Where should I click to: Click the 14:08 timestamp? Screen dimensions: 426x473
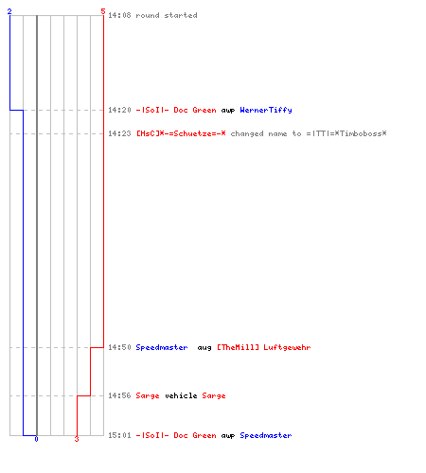119,15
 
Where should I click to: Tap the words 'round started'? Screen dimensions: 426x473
167,15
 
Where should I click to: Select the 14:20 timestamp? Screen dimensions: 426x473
119,110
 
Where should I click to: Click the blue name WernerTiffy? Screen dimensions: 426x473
266,110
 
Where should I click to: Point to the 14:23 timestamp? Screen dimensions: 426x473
119,133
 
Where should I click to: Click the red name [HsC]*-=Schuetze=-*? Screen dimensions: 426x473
181,133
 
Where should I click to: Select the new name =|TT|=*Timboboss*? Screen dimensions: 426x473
346,133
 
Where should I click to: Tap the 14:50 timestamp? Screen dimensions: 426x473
119,347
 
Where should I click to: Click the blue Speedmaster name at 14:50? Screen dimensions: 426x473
162,347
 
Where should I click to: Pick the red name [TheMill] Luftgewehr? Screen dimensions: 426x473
264,347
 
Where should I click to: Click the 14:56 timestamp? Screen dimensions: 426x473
119,395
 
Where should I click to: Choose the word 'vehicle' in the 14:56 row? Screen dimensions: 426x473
181,395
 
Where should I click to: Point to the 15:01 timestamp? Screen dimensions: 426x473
119,435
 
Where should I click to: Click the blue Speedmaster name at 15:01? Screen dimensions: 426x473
266,435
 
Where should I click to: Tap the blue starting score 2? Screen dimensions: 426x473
9,11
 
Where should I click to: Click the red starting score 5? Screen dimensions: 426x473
103,11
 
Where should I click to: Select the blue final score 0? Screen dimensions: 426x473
36,439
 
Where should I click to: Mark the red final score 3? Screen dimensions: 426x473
77,439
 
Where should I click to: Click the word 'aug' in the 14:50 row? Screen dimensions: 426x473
204,348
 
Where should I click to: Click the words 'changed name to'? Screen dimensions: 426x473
266,133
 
